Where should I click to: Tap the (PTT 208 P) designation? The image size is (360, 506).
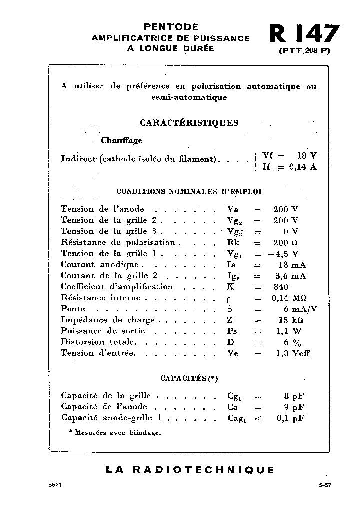(304, 51)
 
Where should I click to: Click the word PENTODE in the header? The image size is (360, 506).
(171, 27)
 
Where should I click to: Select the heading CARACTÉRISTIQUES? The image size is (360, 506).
(189, 123)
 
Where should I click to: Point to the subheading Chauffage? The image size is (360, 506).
(122, 141)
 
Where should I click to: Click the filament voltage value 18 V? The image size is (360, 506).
(306, 155)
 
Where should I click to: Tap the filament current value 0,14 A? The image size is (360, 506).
(303, 167)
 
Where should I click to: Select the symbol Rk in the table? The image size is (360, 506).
(232, 243)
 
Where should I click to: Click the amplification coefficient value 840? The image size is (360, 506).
(281, 287)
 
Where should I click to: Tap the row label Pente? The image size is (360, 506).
(73, 309)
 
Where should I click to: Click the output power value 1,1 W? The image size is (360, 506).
(290, 331)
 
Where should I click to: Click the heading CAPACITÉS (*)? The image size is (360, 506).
(189, 378)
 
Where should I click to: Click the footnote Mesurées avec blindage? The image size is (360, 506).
(115, 433)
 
